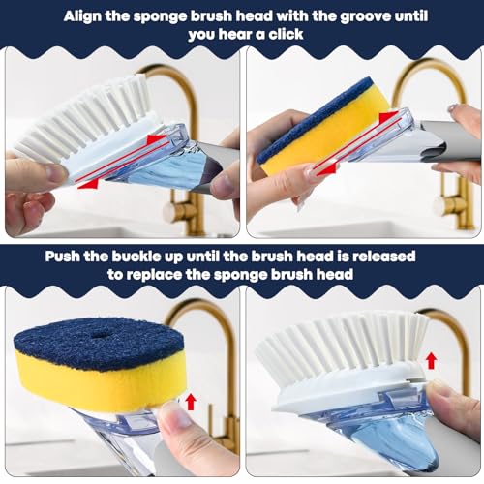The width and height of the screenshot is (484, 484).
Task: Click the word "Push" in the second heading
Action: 62,257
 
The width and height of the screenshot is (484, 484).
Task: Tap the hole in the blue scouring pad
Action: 100,335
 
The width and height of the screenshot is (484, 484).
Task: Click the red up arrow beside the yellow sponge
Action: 191,402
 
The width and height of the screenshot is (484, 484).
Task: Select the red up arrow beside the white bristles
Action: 432,361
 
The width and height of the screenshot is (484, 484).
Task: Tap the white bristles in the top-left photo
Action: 84,116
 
